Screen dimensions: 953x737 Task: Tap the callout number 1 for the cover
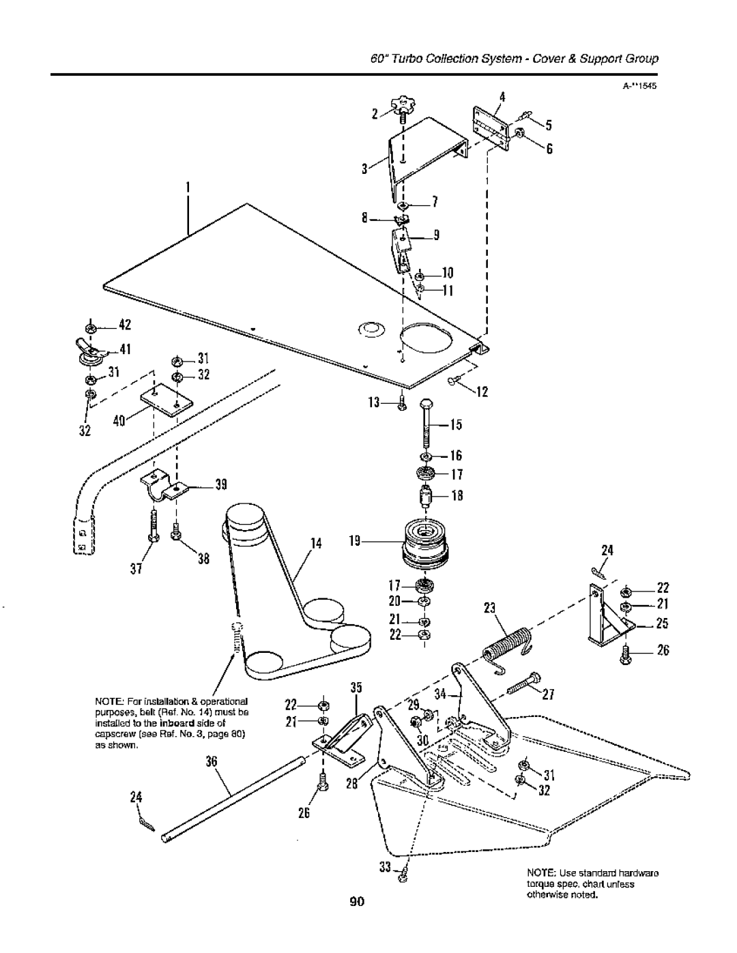click(186, 186)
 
